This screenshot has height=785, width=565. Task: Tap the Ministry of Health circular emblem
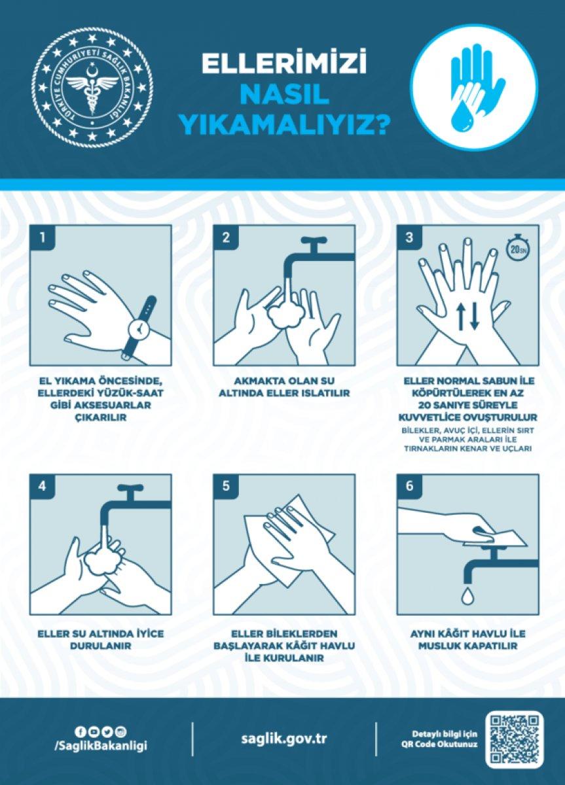click(94, 87)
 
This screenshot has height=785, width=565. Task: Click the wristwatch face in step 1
click(139, 328)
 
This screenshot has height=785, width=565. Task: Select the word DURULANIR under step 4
click(101, 645)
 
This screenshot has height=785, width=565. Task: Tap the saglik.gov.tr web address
click(284, 739)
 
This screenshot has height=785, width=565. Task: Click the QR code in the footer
click(515, 739)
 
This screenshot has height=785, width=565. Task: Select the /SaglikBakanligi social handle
click(100, 746)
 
